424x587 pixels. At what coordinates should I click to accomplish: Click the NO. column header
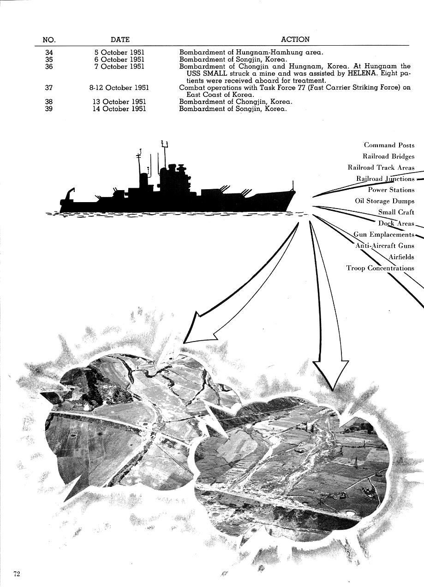pyautogui.click(x=49, y=40)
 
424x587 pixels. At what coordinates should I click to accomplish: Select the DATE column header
pyautogui.click(x=120, y=40)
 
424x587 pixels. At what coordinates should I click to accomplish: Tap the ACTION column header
pyautogui.click(x=295, y=39)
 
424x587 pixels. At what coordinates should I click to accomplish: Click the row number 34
pyautogui.click(x=49, y=53)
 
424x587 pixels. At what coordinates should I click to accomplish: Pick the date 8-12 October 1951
pyautogui.click(x=119, y=88)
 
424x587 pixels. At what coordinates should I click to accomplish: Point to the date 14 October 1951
pyautogui.click(x=119, y=109)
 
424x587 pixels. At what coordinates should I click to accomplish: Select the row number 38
pyautogui.click(x=49, y=102)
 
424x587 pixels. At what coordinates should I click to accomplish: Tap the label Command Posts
pyautogui.click(x=389, y=145)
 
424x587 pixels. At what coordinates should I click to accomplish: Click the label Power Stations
pyautogui.click(x=391, y=190)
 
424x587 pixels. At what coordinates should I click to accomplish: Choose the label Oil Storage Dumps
pyautogui.click(x=385, y=201)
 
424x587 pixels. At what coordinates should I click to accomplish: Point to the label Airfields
pyautogui.click(x=401, y=257)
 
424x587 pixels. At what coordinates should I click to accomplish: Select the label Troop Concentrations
pyautogui.click(x=380, y=268)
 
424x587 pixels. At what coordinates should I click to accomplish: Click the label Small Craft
pyautogui.click(x=396, y=212)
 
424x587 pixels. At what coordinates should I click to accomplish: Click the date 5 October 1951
pyautogui.click(x=119, y=53)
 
